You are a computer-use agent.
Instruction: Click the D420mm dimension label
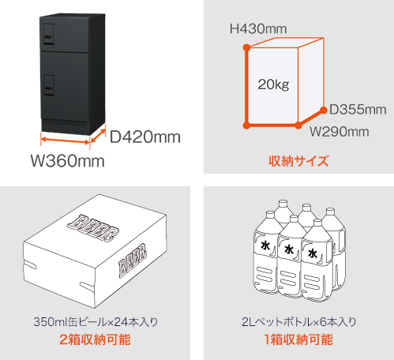(145, 137)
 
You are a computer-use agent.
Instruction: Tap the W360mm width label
(68, 160)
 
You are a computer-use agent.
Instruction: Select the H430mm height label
(258, 28)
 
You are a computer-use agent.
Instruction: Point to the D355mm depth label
(358, 110)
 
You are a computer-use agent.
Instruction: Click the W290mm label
(340, 132)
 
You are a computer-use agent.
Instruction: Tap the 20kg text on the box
(273, 84)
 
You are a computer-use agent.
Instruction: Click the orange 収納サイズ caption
(298, 161)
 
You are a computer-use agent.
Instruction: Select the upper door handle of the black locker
(48, 34)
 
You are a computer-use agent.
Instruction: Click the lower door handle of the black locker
(49, 85)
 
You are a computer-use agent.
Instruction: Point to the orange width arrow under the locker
(66, 141)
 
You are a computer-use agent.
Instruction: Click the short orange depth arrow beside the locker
(98, 135)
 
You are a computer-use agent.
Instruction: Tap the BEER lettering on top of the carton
(92, 228)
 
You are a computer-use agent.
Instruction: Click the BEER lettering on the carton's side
(133, 261)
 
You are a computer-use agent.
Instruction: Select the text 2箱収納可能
(95, 339)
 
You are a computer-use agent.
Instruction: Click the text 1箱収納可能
(298, 339)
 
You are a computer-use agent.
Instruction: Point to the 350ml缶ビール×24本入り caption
(96, 322)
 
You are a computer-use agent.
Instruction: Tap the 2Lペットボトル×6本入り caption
(299, 322)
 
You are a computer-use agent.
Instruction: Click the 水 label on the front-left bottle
(265, 246)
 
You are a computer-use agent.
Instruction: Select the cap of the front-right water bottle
(317, 223)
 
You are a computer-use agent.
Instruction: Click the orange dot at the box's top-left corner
(246, 47)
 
